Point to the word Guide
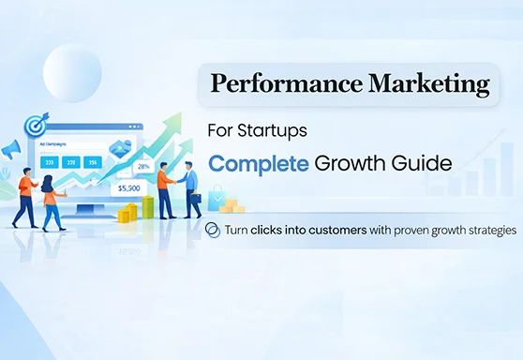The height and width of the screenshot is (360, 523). point(419,163)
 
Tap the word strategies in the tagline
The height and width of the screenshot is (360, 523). point(484,229)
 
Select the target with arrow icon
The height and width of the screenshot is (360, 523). point(37,123)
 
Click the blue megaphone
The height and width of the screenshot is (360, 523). point(11,149)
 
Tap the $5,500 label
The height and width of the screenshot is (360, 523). point(128,187)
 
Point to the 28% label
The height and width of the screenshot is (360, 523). point(142,166)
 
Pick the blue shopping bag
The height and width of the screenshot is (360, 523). point(217,194)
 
